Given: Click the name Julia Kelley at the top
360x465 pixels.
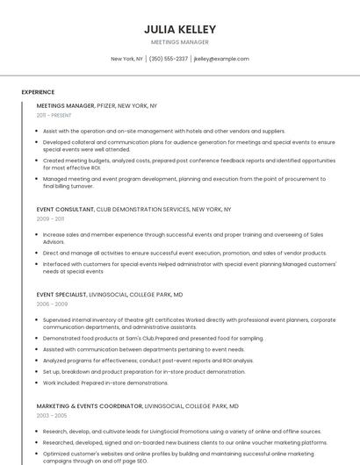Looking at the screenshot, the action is [x=179, y=29].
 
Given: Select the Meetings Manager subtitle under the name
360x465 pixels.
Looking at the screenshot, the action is [x=179, y=42].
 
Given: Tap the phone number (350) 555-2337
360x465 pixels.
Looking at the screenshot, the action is [x=169, y=59].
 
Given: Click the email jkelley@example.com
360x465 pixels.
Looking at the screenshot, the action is [x=221, y=59].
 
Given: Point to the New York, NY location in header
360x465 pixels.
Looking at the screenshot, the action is [x=126, y=59].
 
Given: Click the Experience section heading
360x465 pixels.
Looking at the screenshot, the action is [x=38, y=92].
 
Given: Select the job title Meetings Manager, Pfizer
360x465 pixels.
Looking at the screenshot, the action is [x=97, y=105].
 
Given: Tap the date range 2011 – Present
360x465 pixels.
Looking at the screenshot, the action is [x=54, y=115].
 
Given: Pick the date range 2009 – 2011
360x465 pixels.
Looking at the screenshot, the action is [x=50, y=219].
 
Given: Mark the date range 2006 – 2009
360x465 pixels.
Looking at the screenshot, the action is [x=51, y=304].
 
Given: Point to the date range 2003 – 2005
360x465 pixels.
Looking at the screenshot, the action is [x=51, y=416].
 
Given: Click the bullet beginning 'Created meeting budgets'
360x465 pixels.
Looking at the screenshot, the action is [x=189, y=164].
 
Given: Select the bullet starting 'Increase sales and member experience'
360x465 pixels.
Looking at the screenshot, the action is [x=183, y=238].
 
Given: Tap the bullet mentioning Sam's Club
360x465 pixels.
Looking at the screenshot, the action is [x=153, y=338].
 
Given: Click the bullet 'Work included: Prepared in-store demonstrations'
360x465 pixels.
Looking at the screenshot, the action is [x=105, y=383].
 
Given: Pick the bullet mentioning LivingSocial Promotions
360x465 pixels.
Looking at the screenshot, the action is [x=182, y=432].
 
